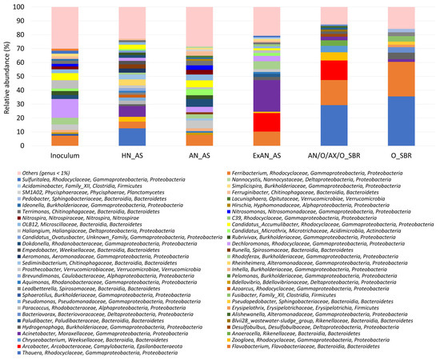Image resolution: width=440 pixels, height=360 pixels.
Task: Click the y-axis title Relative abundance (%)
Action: tap(7, 77)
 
